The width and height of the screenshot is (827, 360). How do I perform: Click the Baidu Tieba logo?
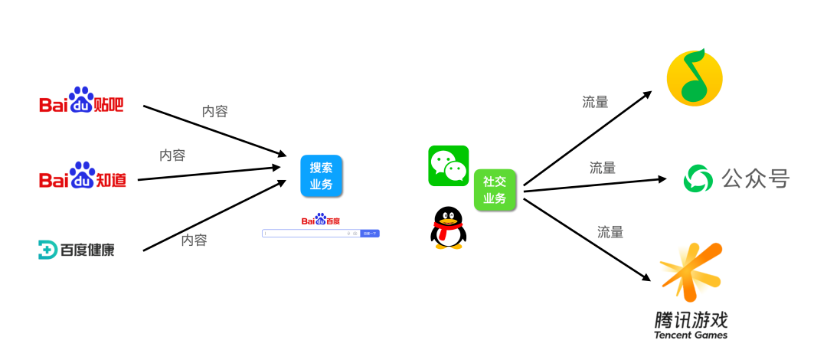pyautogui.click(x=81, y=100)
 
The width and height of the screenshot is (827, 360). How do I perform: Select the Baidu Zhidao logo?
pyautogui.click(x=83, y=177)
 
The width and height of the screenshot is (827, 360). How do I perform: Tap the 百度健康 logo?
pyautogui.click(x=77, y=249)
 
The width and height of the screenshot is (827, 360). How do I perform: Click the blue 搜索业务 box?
pyautogui.click(x=321, y=176)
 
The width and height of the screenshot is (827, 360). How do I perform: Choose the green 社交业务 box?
pyautogui.click(x=495, y=190)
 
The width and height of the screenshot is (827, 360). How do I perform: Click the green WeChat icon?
pyautogui.click(x=448, y=165)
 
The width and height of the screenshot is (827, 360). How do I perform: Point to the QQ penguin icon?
pyautogui.click(x=448, y=228)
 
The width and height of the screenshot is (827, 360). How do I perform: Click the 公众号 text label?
pyautogui.click(x=755, y=179)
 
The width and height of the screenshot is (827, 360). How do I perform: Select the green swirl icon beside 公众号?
pyautogui.click(x=698, y=179)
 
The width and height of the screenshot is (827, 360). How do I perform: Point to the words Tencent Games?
pyautogui.click(x=691, y=335)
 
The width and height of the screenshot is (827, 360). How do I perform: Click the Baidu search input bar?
pyautogui.click(x=310, y=233)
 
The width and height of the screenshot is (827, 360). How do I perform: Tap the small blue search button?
pyautogui.click(x=370, y=233)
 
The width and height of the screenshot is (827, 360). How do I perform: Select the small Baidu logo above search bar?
pyautogui.click(x=321, y=220)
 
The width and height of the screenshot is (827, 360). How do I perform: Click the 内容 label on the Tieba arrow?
pyautogui.click(x=214, y=112)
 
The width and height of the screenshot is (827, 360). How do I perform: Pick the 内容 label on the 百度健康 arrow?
pyautogui.click(x=194, y=240)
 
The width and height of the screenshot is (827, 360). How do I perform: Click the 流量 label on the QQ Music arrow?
pyautogui.click(x=595, y=102)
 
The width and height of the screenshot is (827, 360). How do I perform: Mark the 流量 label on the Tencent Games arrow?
pyautogui.click(x=610, y=231)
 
